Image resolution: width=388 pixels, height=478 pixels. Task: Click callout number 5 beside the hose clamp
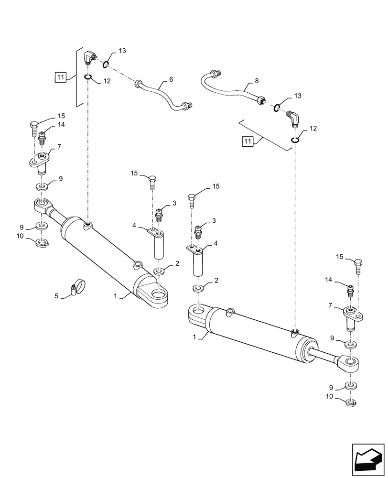coord(56,296)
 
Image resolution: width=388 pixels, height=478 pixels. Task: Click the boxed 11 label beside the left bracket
coord(60,76)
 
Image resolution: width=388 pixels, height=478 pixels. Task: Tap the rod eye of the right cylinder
coord(349,365)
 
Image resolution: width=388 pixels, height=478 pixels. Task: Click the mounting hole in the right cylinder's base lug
coord(197,314)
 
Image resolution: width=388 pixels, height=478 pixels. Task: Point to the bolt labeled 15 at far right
coord(358,264)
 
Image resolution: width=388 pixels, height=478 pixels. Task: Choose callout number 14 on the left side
coord(61,125)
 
